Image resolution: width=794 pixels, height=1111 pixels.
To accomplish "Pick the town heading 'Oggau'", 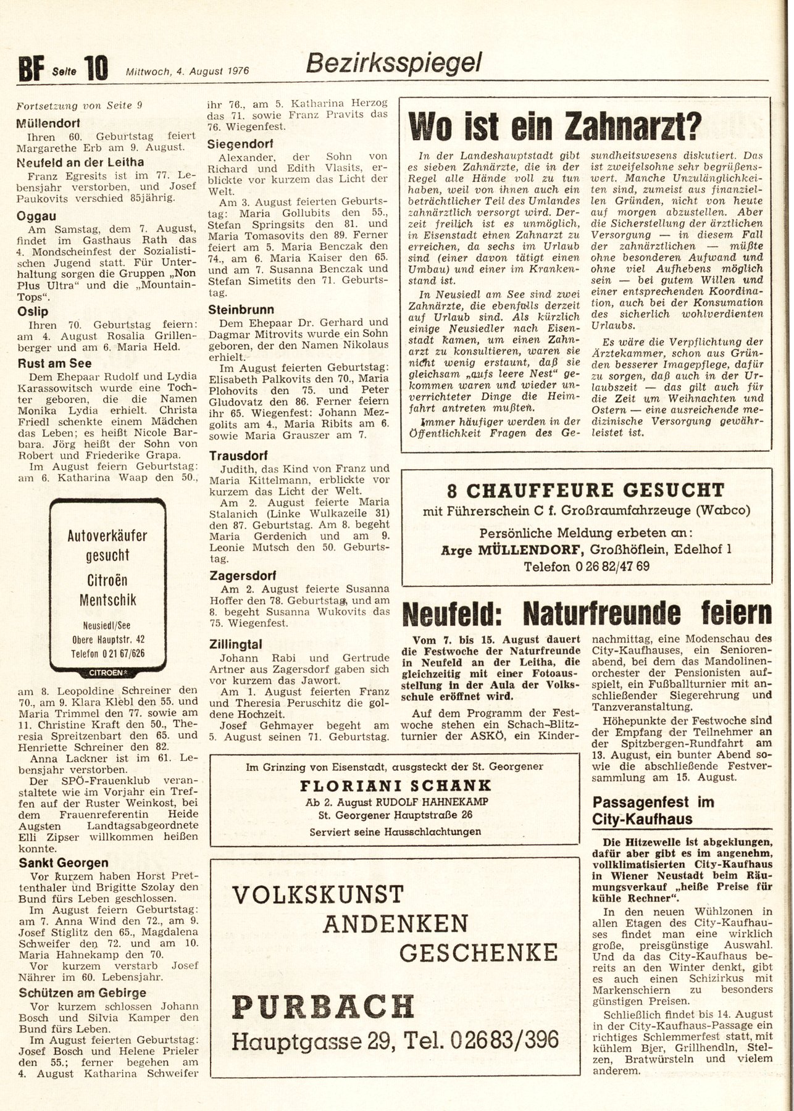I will click(x=36, y=217).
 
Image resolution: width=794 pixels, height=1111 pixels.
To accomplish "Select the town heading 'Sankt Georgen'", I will click(x=63, y=863).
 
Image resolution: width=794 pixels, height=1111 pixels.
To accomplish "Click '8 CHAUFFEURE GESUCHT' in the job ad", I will click(x=585, y=491).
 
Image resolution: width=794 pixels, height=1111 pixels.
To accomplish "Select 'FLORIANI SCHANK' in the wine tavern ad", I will click(x=395, y=786).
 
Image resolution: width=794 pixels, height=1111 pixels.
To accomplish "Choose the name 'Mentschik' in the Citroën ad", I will click(x=108, y=599).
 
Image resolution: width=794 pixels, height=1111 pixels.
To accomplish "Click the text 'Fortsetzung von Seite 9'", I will click(x=80, y=104).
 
